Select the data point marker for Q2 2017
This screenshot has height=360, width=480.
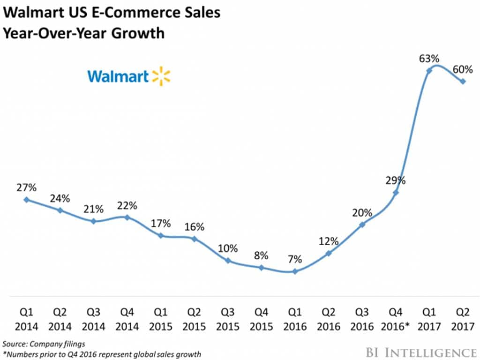(463, 81)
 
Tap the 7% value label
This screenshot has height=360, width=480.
(294, 259)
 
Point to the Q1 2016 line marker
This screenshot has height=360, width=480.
(294, 271)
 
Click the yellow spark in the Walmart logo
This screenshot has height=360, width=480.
(161, 76)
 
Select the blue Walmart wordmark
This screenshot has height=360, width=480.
(118, 76)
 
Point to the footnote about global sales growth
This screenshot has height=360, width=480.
(102, 354)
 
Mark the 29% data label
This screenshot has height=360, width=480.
(395, 180)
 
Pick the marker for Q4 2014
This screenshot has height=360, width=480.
(127, 217)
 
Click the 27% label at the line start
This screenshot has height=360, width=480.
(26, 187)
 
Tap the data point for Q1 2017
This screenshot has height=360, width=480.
(429, 70)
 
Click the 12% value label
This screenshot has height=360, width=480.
(328, 241)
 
